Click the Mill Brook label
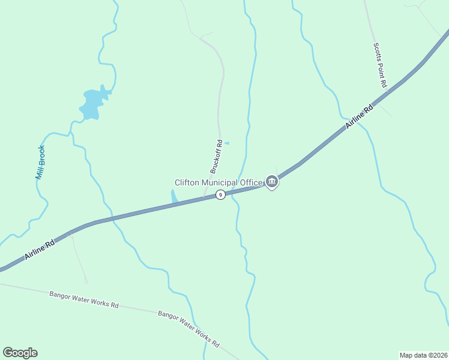point(40,163)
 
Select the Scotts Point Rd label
point(379,66)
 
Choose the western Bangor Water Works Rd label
point(83,299)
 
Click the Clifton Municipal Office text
point(218,182)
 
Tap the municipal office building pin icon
point(272,181)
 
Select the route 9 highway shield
point(220,195)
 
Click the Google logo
point(20,353)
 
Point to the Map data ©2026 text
point(423,355)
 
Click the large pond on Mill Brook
point(93,103)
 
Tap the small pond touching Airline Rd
point(174,197)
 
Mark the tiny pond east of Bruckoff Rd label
point(226,143)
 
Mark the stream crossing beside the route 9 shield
point(234,192)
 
